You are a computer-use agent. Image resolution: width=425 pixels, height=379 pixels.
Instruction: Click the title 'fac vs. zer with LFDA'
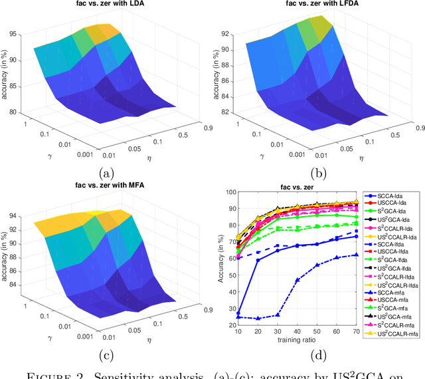tap(314, 5)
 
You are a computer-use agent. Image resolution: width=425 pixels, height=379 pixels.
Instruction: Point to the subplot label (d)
tap(300, 356)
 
